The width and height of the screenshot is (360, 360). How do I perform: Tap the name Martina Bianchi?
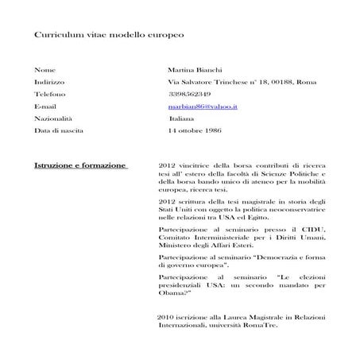[x=195, y=70]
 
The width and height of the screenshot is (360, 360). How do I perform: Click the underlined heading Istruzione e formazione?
[x=80, y=165]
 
